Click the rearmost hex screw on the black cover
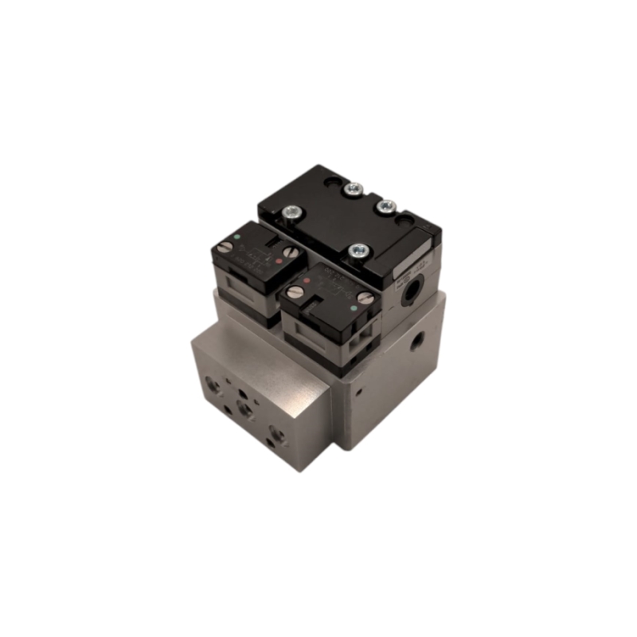click(x=354, y=189)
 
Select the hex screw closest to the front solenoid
click(x=358, y=251)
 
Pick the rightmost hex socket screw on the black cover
click(x=386, y=207)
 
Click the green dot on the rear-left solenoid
click(x=240, y=236)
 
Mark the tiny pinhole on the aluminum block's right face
click(x=359, y=392)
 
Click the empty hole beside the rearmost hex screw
click(x=330, y=185)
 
